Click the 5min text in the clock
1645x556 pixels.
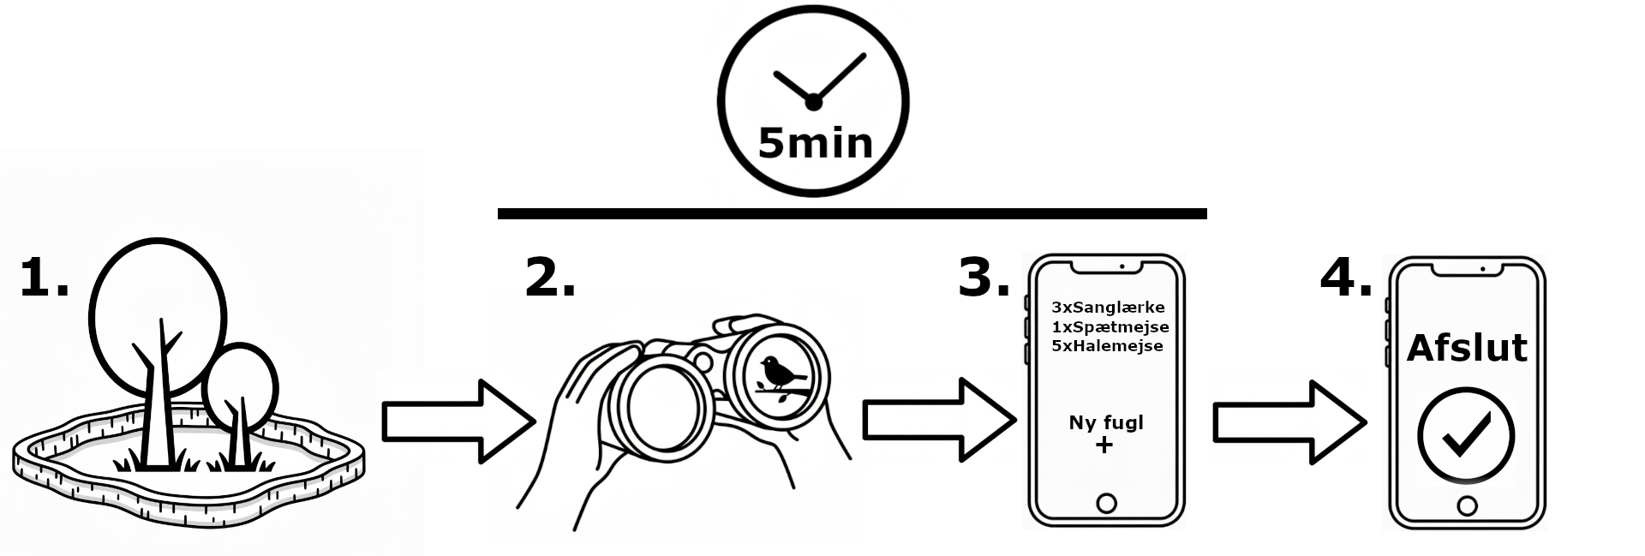[815, 143]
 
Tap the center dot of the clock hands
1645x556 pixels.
[813, 103]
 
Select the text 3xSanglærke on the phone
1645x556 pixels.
[1108, 307]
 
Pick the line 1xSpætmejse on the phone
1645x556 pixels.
[1110, 326]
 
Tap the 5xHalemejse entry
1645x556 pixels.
[1107, 346]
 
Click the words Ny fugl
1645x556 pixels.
[1106, 422]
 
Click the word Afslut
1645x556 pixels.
[1467, 349]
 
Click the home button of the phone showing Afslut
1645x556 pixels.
[1467, 506]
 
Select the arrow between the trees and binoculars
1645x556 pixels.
[458, 421]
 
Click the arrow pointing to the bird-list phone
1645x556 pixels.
[939, 420]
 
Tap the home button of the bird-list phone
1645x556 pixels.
[1106, 503]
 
